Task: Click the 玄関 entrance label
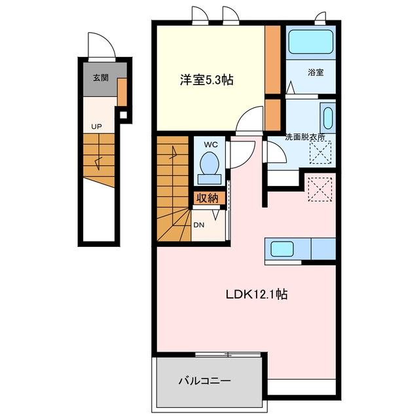pyautogui.click(x=101, y=78)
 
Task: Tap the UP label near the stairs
pyautogui.click(x=96, y=126)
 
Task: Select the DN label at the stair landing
pyautogui.click(x=199, y=225)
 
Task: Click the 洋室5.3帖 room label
pyautogui.click(x=207, y=80)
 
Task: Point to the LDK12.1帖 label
pyautogui.click(x=257, y=294)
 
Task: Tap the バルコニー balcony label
pyautogui.click(x=205, y=380)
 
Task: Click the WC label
pyautogui.click(x=211, y=145)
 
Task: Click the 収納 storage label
pyautogui.click(x=208, y=198)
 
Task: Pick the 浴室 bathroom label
pyautogui.click(x=316, y=72)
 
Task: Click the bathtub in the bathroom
pyautogui.click(x=311, y=42)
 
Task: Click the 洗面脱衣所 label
pyautogui.click(x=305, y=137)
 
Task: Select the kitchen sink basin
pyautogui.click(x=282, y=249)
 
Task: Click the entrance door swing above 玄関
pyautogui.click(x=102, y=45)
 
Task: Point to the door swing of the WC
pyautogui.click(x=242, y=154)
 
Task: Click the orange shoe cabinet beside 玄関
pyautogui.click(x=122, y=92)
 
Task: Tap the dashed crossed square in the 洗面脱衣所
pyautogui.click(x=320, y=153)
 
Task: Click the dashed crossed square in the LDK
pyautogui.click(x=320, y=189)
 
